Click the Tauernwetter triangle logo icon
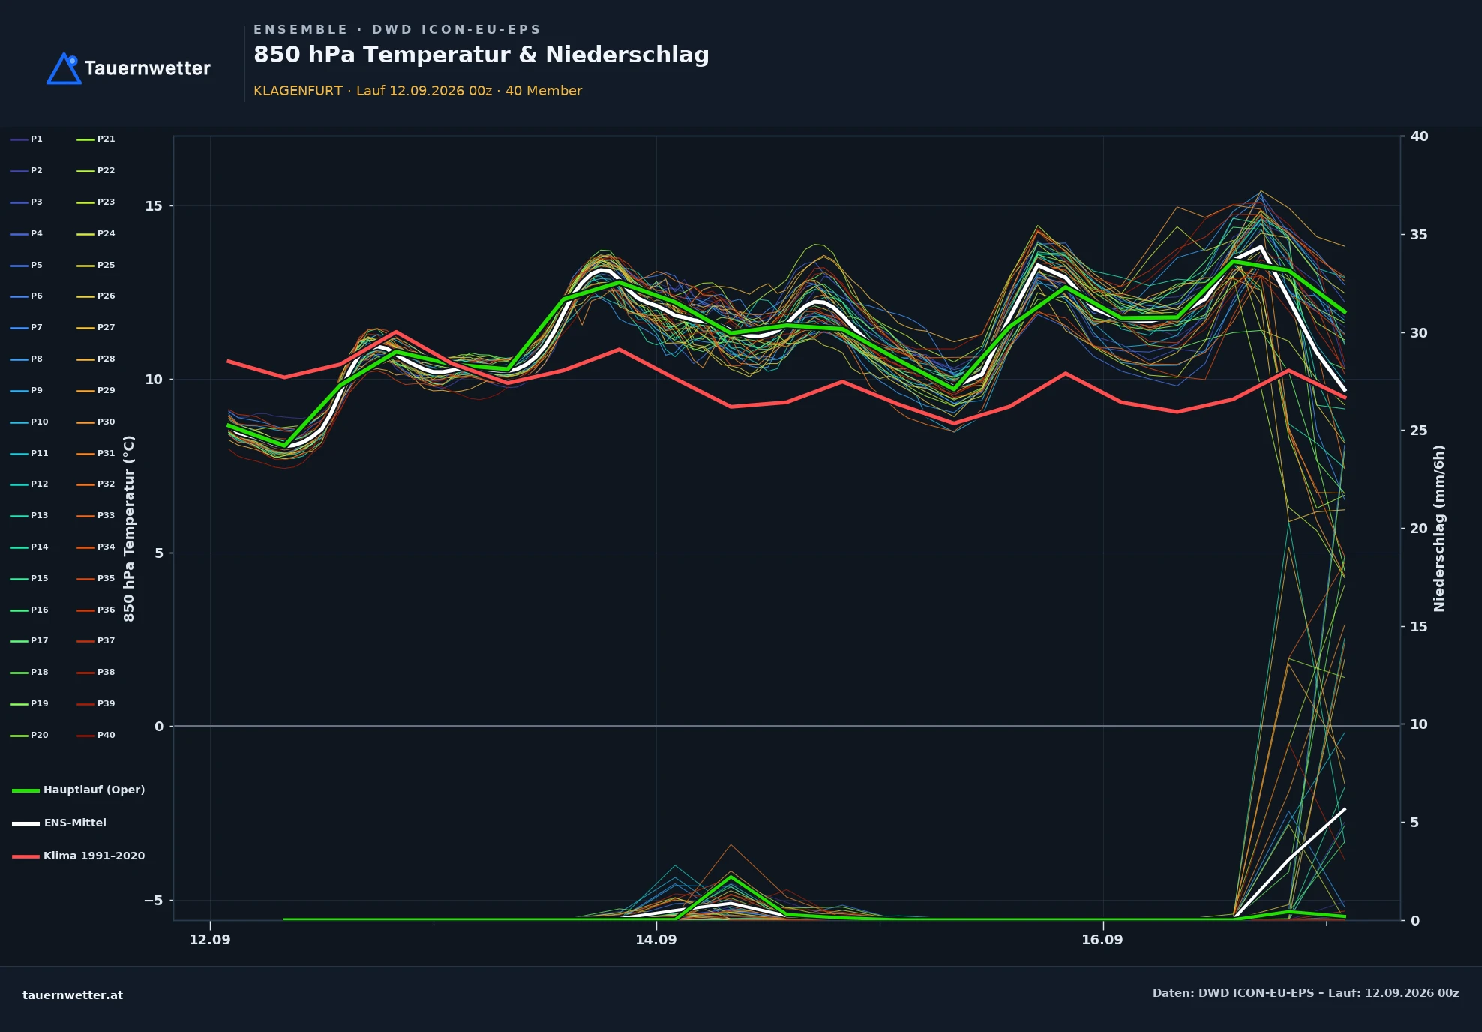tap(64, 69)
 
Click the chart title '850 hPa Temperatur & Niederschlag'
tap(481, 55)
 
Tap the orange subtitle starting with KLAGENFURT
tap(418, 91)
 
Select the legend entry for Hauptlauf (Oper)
tap(79, 790)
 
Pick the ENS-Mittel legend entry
tap(59, 823)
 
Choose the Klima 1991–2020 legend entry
tap(79, 856)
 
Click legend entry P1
tap(26, 139)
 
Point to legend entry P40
tap(96, 735)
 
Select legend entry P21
tap(96, 139)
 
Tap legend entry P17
tap(29, 640)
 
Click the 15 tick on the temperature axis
tap(154, 206)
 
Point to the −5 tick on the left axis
tap(153, 900)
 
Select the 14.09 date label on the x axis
tap(656, 940)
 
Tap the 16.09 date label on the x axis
tap(1102, 940)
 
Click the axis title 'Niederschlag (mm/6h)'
tap(1439, 528)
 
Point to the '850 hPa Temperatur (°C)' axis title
tap(129, 528)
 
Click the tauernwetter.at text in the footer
tap(73, 995)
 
